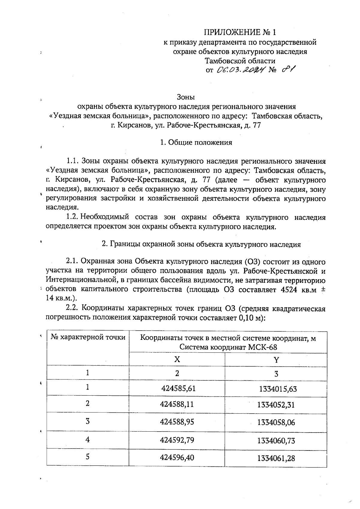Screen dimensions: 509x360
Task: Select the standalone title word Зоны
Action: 186,97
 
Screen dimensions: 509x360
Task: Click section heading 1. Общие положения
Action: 196,142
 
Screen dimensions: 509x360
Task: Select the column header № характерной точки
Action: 88,337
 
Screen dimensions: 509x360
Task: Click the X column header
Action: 177,359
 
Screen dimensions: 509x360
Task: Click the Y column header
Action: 276,360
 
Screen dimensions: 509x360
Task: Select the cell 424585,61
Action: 178,389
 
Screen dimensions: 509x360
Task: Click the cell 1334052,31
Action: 276,405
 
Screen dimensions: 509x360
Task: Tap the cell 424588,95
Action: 177,422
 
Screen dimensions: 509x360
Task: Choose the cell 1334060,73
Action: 276,441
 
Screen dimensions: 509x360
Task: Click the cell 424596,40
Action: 177,458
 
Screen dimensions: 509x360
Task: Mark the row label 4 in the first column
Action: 87,440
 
